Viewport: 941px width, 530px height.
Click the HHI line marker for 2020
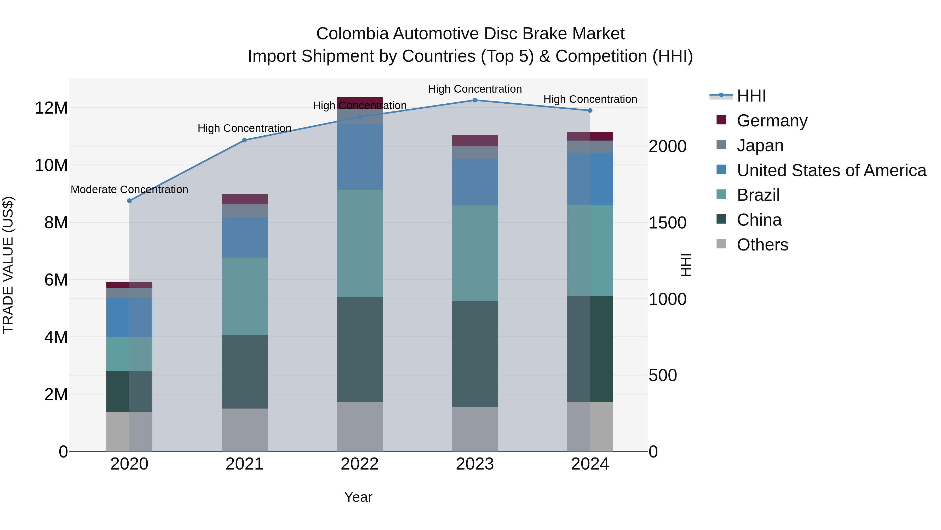[x=129, y=201]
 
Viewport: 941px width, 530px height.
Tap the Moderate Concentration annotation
[x=129, y=189]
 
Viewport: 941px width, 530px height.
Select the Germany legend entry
[x=772, y=121]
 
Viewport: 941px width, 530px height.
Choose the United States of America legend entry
[x=831, y=170]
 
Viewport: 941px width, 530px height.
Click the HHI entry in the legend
[x=751, y=96]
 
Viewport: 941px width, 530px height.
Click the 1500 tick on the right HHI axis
[x=667, y=223]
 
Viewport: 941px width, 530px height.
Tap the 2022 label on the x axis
[x=359, y=464]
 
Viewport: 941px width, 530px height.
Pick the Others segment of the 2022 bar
[x=359, y=427]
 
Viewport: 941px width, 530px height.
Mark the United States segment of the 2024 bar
[x=590, y=178]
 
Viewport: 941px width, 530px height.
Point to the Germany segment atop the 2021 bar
[x=244, y=199]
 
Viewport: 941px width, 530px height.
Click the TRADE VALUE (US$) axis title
[x=8, y=265]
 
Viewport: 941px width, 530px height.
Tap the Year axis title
[x=358, y=497]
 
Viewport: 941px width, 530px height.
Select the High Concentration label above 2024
[x=590, y=99]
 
